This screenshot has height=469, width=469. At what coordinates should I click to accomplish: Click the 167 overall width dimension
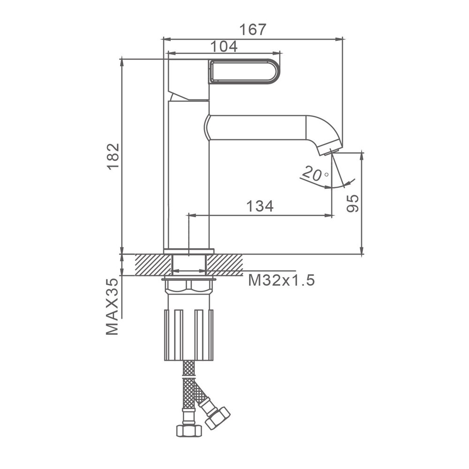coord(253,30)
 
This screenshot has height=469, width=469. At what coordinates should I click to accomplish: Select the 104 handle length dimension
coord(224,46)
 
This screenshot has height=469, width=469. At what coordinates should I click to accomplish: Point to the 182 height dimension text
coord(113,157)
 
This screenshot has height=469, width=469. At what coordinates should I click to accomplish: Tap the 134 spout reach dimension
coord(260,206)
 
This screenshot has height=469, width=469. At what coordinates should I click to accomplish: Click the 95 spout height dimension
coord(353,204)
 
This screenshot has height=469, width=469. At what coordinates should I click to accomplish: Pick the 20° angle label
coord(315,174)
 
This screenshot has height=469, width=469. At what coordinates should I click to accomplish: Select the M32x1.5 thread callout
coord(281,280)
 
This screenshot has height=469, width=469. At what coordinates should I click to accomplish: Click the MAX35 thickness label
coord(112,307)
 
